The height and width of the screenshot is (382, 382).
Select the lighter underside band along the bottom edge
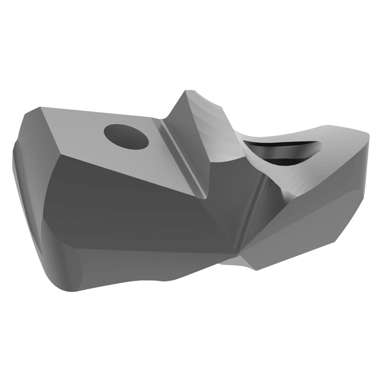[149, 281]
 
